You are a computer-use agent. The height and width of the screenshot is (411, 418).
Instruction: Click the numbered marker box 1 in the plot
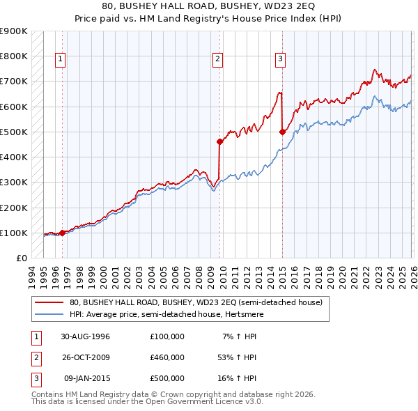(x=61, y=60)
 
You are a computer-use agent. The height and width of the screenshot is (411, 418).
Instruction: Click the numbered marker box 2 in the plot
(x=218, y=60)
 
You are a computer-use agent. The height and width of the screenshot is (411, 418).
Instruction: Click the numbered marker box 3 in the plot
(x=280, y=60)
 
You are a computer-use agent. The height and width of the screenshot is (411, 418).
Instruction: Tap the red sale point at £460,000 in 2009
(x=219, y=141)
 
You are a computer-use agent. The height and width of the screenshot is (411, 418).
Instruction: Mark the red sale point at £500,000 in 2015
(x=282, y=132)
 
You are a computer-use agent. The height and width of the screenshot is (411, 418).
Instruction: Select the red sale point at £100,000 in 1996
(x=63, y=233)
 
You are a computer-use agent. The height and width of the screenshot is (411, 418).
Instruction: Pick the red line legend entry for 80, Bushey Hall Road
(x=196, y=303)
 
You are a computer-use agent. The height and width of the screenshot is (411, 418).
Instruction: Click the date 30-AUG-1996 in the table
(x=86, y=336)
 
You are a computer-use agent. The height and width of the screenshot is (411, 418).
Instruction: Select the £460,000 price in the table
(x=167, y=357)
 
